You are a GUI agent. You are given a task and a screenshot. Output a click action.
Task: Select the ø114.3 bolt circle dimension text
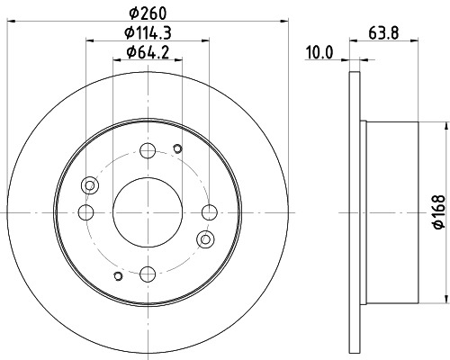click(x=148, y=33)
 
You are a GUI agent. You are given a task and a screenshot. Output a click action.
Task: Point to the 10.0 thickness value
click(x=319, y=52)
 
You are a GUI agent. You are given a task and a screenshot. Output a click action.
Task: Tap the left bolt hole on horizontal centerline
click(x=86, y=211)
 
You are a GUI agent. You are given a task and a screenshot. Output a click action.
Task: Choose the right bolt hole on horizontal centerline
click(x=210, y=211)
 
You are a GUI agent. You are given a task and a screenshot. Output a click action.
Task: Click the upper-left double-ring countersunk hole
click(x=89, y=185)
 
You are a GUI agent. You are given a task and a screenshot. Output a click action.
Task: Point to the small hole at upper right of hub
click(x=177, y=149)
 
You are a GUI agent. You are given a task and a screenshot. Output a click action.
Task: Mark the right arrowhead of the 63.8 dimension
click(x=420, y=61)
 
